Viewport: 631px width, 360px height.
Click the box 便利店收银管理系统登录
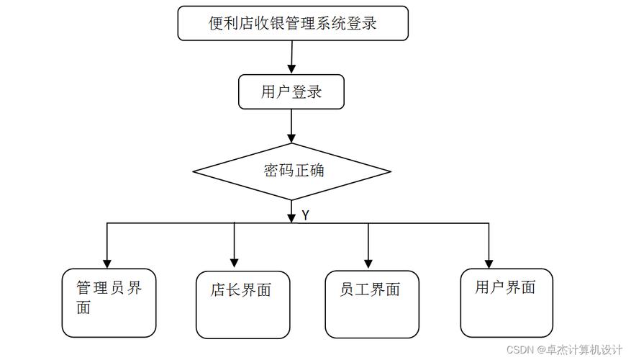(293, 23)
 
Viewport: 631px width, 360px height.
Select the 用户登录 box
(291, 92)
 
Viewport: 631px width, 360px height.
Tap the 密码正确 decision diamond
(292, 171)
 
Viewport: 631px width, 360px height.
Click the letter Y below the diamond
(306, 215)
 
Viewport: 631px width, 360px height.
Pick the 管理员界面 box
(109, 302)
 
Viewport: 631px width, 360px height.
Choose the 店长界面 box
(242, 305)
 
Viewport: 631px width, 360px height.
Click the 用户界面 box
(506, 302)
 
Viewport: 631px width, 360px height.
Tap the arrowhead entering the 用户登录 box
(291, 68)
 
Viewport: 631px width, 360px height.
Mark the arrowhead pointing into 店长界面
(234, 262)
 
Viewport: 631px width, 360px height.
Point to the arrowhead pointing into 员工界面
(368, 262)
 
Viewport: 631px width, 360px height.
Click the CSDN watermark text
(564, 349)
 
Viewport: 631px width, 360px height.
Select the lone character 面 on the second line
(84, 308)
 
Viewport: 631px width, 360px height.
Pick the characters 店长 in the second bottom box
(225, 290)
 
